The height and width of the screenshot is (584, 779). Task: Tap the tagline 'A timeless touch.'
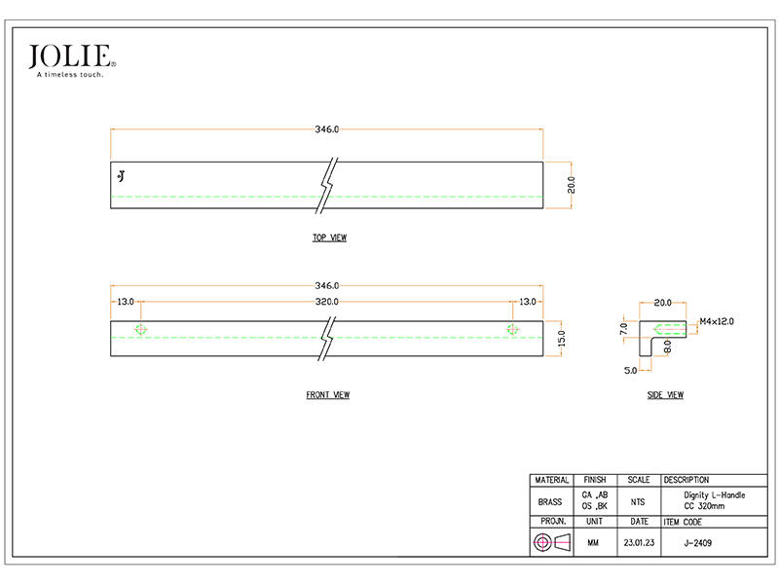tap(70, 75)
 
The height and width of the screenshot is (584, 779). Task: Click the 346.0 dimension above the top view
tap(327, 129)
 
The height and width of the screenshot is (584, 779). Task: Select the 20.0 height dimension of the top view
tap(572, 185)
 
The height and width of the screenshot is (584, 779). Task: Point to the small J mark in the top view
tap(121, 176)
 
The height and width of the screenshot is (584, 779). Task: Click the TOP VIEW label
tap(329, 237)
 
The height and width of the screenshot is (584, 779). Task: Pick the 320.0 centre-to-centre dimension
tap(327, 302)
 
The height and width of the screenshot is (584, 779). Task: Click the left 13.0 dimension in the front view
tap(126, 302)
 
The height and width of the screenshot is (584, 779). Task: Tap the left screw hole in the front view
tap(140, 329)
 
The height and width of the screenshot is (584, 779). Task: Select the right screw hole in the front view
tap(513, 329)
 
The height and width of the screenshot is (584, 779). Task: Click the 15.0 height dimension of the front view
tap(562, 339)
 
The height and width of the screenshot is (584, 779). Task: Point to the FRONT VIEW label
tap(328, 395)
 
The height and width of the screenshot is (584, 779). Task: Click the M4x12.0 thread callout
tap(717, 321)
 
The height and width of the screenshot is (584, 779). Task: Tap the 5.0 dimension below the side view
tap(630, 371)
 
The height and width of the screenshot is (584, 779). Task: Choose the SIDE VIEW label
tap(665, 395)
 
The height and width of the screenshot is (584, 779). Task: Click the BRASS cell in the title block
tap(550, 502)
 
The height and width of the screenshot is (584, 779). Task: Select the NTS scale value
tap(638, 502)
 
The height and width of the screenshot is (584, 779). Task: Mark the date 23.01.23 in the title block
tap(639, 543)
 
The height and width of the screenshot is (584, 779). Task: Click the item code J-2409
tap(698, 543)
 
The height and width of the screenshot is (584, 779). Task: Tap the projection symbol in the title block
tap(551, 542)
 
